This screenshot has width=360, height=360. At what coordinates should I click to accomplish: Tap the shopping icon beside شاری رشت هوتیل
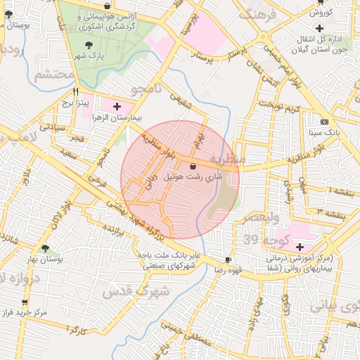pos(193,166)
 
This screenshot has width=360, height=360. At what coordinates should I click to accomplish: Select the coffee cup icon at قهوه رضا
pos(228,259)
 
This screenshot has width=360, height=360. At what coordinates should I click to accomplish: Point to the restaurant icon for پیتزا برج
pos(76,91)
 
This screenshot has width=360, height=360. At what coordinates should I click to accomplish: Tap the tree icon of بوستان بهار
pos(46,248)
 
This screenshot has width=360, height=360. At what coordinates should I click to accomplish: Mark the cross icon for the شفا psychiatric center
pos(300,247)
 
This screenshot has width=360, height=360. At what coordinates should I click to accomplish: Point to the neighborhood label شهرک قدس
pos(161,290)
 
